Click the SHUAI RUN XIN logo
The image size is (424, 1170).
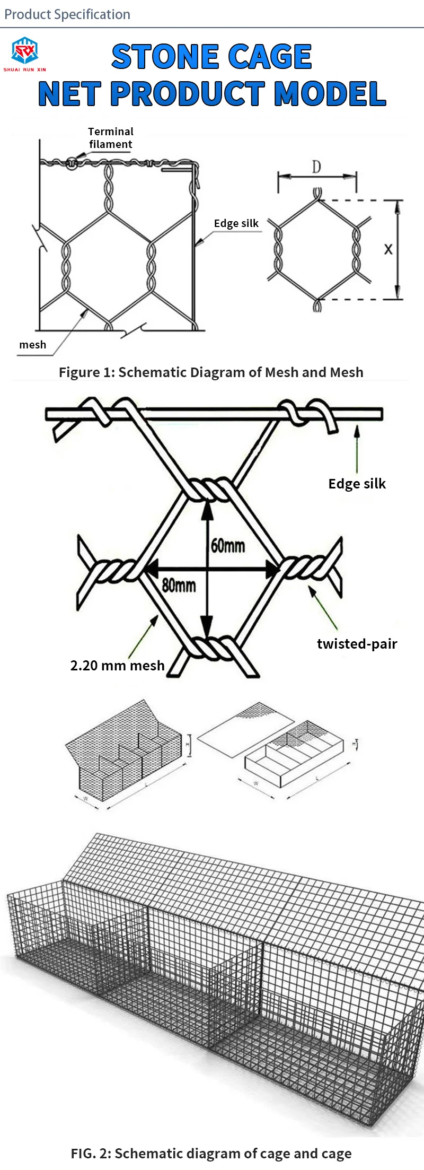pyautogui.click(x=24, y=54)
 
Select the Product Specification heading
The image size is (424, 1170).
pyautogui.click(x=67, y=14)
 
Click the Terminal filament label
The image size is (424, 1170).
pyautogui.click(x=110, y=138)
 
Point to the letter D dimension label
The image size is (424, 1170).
pyautogui.click(x=316, y=168)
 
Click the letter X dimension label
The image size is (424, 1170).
pyautogui.click(x=388, y=249)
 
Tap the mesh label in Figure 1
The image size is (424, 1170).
pyautogui.click(x=33, y=345)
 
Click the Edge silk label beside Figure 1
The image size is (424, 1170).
pyautogui.click(x=236, y=223)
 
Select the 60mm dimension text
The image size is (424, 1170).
pyautogui.click(x=228, y=545)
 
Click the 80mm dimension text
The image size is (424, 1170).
pyautogui.click(x=179, y=586)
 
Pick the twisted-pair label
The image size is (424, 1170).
pyautogui.click(x=357, y=644)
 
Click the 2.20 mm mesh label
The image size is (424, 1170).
pyautogui.click(x=117, y=666)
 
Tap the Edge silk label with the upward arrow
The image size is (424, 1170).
pyautogui.click(x=357, y=484)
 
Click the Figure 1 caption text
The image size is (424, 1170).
pyautogui.click(x=211, y=372)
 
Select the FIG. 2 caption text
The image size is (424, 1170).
pyautogui.click(x=211, y=1154)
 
